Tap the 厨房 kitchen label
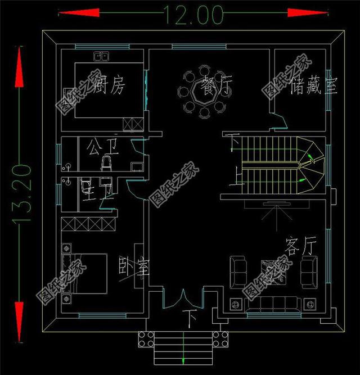pyautogui.click(x=110, y=85)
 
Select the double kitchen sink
pyautogui.click(x=101, y=56)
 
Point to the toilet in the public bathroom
pyautogui.click(x=105, y=164)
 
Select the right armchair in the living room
pyautogui.click(x=309, y=269)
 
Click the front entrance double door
pyautogui.click(x=182, y=299)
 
